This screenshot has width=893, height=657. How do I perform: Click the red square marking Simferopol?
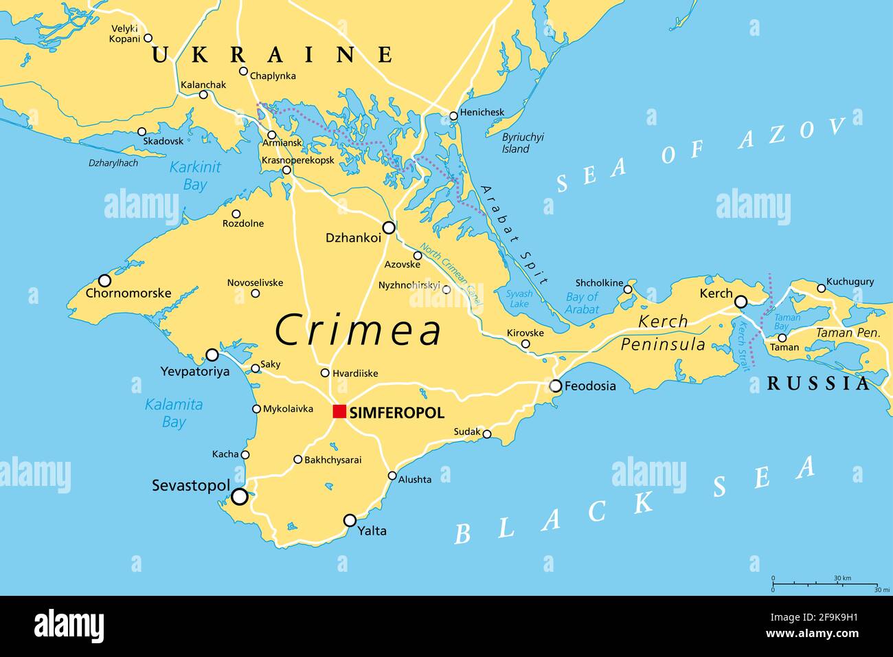[x=339, y=412]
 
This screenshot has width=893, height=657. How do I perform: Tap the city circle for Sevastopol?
[x=239, y=496]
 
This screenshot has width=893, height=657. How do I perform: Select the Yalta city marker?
[x=350, y=520]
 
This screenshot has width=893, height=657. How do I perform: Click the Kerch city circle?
[x=741, y=302]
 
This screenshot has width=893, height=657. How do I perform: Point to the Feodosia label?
[x=590, y=386]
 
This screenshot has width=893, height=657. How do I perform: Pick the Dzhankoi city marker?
[x=389, y=227]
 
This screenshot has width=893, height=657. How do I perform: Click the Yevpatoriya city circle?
[x=212, y=355]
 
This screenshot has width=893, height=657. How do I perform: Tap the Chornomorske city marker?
[x=104, y=280]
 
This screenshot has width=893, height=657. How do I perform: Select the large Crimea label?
[x=359, y=331]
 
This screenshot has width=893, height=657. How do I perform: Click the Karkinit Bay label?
[x=195, y=176]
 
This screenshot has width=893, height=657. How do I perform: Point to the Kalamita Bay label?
[x=174, y=413]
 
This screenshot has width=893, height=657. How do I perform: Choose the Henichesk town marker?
[x=453, y=116]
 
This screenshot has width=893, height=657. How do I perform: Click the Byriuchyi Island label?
[x=522, y=143]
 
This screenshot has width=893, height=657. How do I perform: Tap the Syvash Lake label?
[x=519, y=298]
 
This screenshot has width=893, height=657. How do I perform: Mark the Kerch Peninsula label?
[x=663, y=333]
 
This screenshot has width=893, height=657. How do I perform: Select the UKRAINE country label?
[x=272, y=55]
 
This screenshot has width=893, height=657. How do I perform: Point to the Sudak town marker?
[x=487, y=434]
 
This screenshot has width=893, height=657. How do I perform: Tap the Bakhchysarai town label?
[x=332, y=460]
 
